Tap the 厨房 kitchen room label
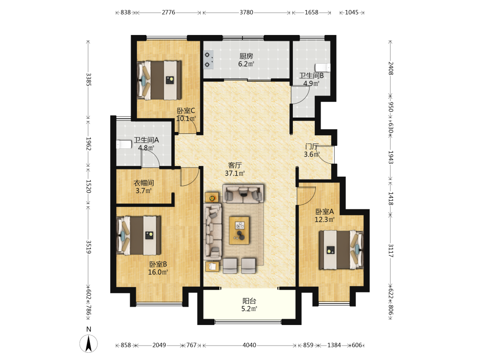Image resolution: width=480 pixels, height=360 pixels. click(246, 56)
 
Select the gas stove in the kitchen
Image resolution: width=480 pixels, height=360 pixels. click(209, 60)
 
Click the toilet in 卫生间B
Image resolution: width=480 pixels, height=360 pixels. click(323, 67)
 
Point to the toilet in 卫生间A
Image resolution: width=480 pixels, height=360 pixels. click(124, 144)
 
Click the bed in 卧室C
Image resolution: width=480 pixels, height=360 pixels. click(159, 80)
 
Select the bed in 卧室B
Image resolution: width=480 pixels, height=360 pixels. click(139, 235)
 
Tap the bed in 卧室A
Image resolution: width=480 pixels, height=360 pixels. click(341, 250)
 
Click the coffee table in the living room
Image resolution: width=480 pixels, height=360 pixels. click(240, 230)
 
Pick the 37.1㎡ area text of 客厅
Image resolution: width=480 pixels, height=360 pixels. click(235, 173)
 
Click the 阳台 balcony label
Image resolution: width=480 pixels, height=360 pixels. click(249, 301)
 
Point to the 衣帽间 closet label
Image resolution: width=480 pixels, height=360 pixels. click(144, 183)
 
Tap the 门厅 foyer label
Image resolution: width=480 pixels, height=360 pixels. click(312, 146)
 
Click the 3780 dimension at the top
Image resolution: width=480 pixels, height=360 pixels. click(246, 12)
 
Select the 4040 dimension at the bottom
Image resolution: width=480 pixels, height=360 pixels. click(249, 345)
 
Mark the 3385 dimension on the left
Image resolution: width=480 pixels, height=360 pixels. click(88, 79)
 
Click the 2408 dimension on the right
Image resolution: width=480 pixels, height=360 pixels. click(391, 68)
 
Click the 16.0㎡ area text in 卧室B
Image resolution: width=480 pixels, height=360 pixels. click(158, 272)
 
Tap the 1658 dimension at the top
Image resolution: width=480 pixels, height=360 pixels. click(312, 12)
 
